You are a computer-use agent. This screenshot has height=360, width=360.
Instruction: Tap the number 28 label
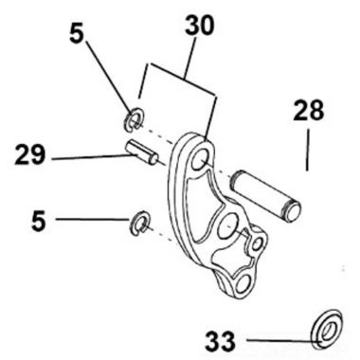point(307,112)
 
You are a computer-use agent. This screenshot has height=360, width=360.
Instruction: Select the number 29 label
point(31,154)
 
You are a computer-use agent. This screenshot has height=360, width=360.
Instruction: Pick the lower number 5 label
point(38,221)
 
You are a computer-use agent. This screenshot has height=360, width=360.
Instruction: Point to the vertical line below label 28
point(307,152)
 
